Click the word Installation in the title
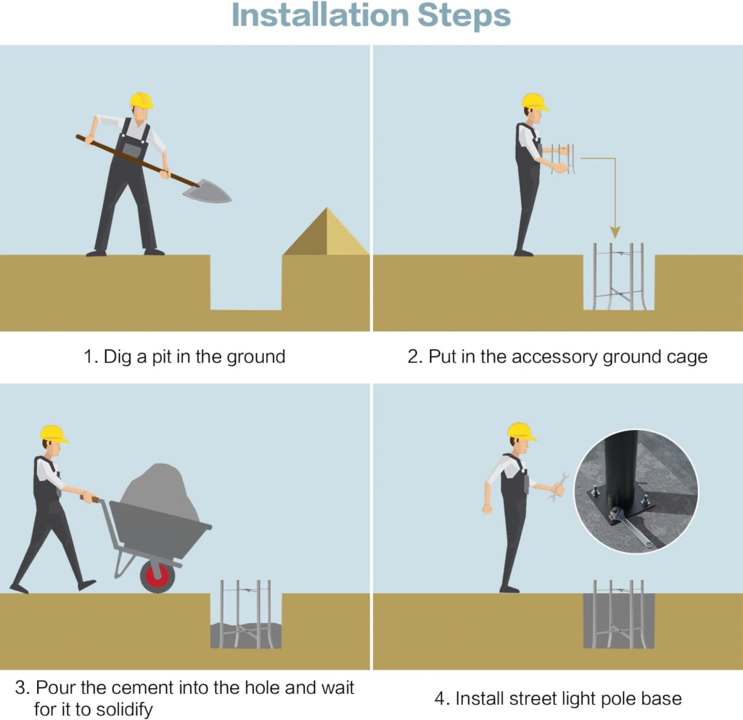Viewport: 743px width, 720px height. point(320,15)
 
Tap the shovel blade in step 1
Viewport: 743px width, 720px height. point(208,191)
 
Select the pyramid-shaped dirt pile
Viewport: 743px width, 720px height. point(326,231)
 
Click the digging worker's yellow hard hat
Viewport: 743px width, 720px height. point(141,100)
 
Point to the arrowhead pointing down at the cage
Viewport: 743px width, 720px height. point(615,232)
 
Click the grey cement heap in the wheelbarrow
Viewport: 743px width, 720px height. point(159,492)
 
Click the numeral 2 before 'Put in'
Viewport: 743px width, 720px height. point(413,357)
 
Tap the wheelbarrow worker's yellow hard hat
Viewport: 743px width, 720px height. point(53,434)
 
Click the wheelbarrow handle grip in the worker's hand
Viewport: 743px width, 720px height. point(89,498)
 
